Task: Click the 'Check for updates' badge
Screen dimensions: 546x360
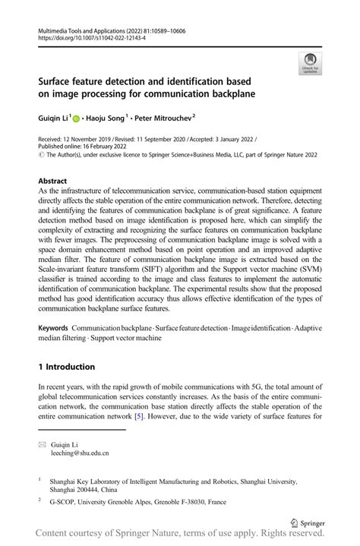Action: pos(310,63)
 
